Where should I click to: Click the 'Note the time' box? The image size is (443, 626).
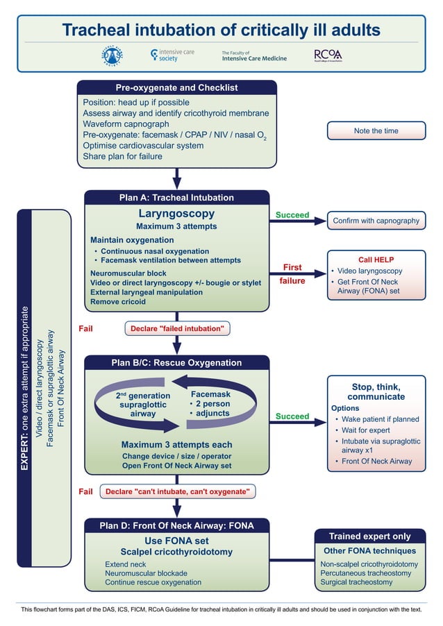[x=376, y=130]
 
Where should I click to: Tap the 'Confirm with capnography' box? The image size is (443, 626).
[x=376, y=221]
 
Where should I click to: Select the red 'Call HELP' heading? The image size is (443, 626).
[x=376, y=259]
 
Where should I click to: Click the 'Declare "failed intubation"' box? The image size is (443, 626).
[x=177, y=328]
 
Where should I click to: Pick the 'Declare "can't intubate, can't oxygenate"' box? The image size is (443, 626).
[x=177, y=491]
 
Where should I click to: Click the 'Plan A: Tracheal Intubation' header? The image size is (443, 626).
[x=176, y=198]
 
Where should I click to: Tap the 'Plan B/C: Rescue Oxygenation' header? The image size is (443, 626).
[x=176, y=363]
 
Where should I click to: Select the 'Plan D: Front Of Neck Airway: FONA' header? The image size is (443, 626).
[x=176, y=526]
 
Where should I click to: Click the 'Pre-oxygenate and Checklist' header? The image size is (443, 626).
[x=176, y=88]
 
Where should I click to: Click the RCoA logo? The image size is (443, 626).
[x=327, y=55]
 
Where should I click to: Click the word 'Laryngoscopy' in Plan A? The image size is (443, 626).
[x=176, y=214]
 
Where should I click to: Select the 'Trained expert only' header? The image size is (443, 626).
[x=369, y=536]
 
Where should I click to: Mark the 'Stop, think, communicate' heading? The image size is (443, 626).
[x=376, y=391]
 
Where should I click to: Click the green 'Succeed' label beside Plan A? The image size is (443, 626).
[x=292, y=215]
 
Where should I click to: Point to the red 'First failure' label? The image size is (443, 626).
[x=292, y=274]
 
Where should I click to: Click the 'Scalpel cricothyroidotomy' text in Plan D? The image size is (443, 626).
[x=176, y=552]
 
